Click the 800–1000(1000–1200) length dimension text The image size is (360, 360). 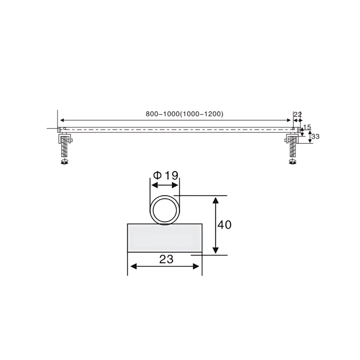click(x=184, y=114)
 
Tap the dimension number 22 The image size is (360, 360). click(x=298, y=114)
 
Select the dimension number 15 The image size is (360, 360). click(x=307, y=127)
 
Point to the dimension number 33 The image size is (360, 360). click(x=315, y=136)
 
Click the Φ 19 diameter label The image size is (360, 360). click(x=166, y=175)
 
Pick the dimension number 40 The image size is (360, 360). click(x=224, y=225)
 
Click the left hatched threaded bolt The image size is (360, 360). click(x=65, y=147)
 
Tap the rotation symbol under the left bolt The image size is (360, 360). click(x=65, y=162)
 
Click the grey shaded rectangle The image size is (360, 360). click(x=165, y=238)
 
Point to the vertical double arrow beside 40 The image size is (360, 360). click(x=216, y=225)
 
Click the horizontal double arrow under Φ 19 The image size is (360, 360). click(x=165, y=185)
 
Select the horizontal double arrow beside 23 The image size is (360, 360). click(x=165, y=266)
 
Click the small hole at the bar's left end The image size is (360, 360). click(x=64, y=129)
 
